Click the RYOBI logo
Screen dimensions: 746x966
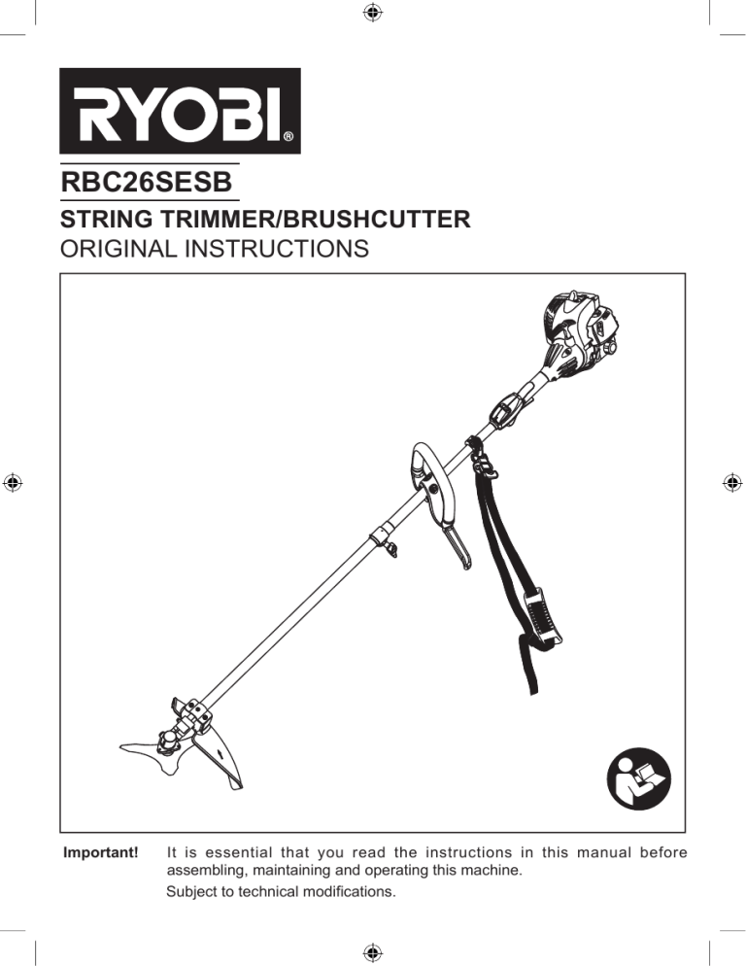[x=180, y=111]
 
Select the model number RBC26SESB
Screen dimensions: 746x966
[x=147, y=183]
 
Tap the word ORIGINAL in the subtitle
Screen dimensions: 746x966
[x=118, y=249]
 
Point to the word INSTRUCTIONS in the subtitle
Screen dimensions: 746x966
[x=277, y=249]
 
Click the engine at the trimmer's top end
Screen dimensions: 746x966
[x=579, y=335]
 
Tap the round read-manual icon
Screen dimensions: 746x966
[x=639, y=778]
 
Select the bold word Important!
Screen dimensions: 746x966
[x=101, y=852]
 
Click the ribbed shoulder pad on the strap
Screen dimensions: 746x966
[x=542, y=618]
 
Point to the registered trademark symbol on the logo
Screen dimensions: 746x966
[x=288, y=137]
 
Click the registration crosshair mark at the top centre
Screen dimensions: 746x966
[x=373, y=12]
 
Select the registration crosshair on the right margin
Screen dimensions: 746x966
[x=731, y=483]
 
